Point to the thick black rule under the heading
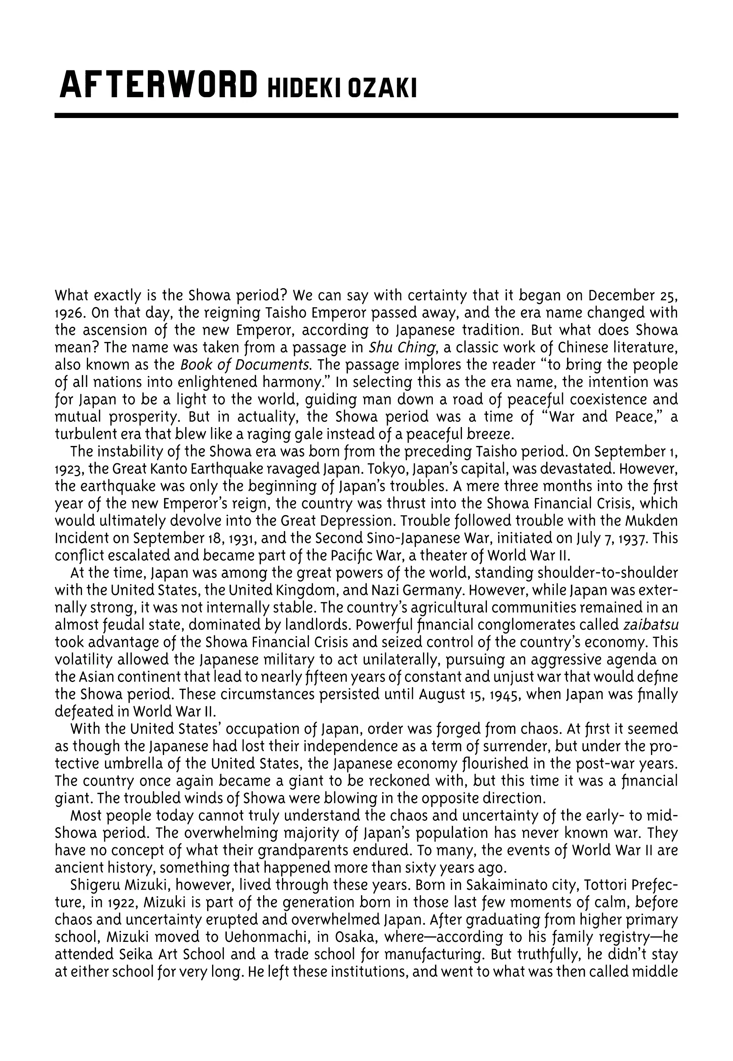(366, 115)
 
